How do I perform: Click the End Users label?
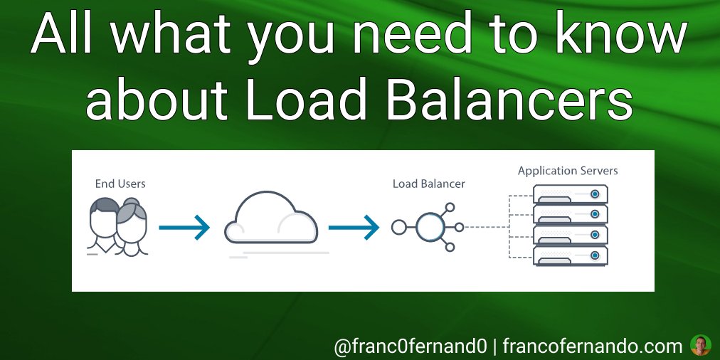pos(120,184)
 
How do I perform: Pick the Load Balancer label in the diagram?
pos(429,184)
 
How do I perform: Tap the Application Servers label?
pos(568,171)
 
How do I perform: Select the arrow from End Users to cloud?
pos(184,228)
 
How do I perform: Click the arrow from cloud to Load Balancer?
pos(354,228)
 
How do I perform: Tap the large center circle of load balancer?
pos(430,228)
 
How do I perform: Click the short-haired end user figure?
pos(104,223)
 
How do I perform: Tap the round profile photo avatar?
pos(701,346)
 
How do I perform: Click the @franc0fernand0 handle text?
pos(411,346)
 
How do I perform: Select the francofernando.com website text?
pos(593,346)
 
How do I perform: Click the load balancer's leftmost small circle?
pos(398,228)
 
